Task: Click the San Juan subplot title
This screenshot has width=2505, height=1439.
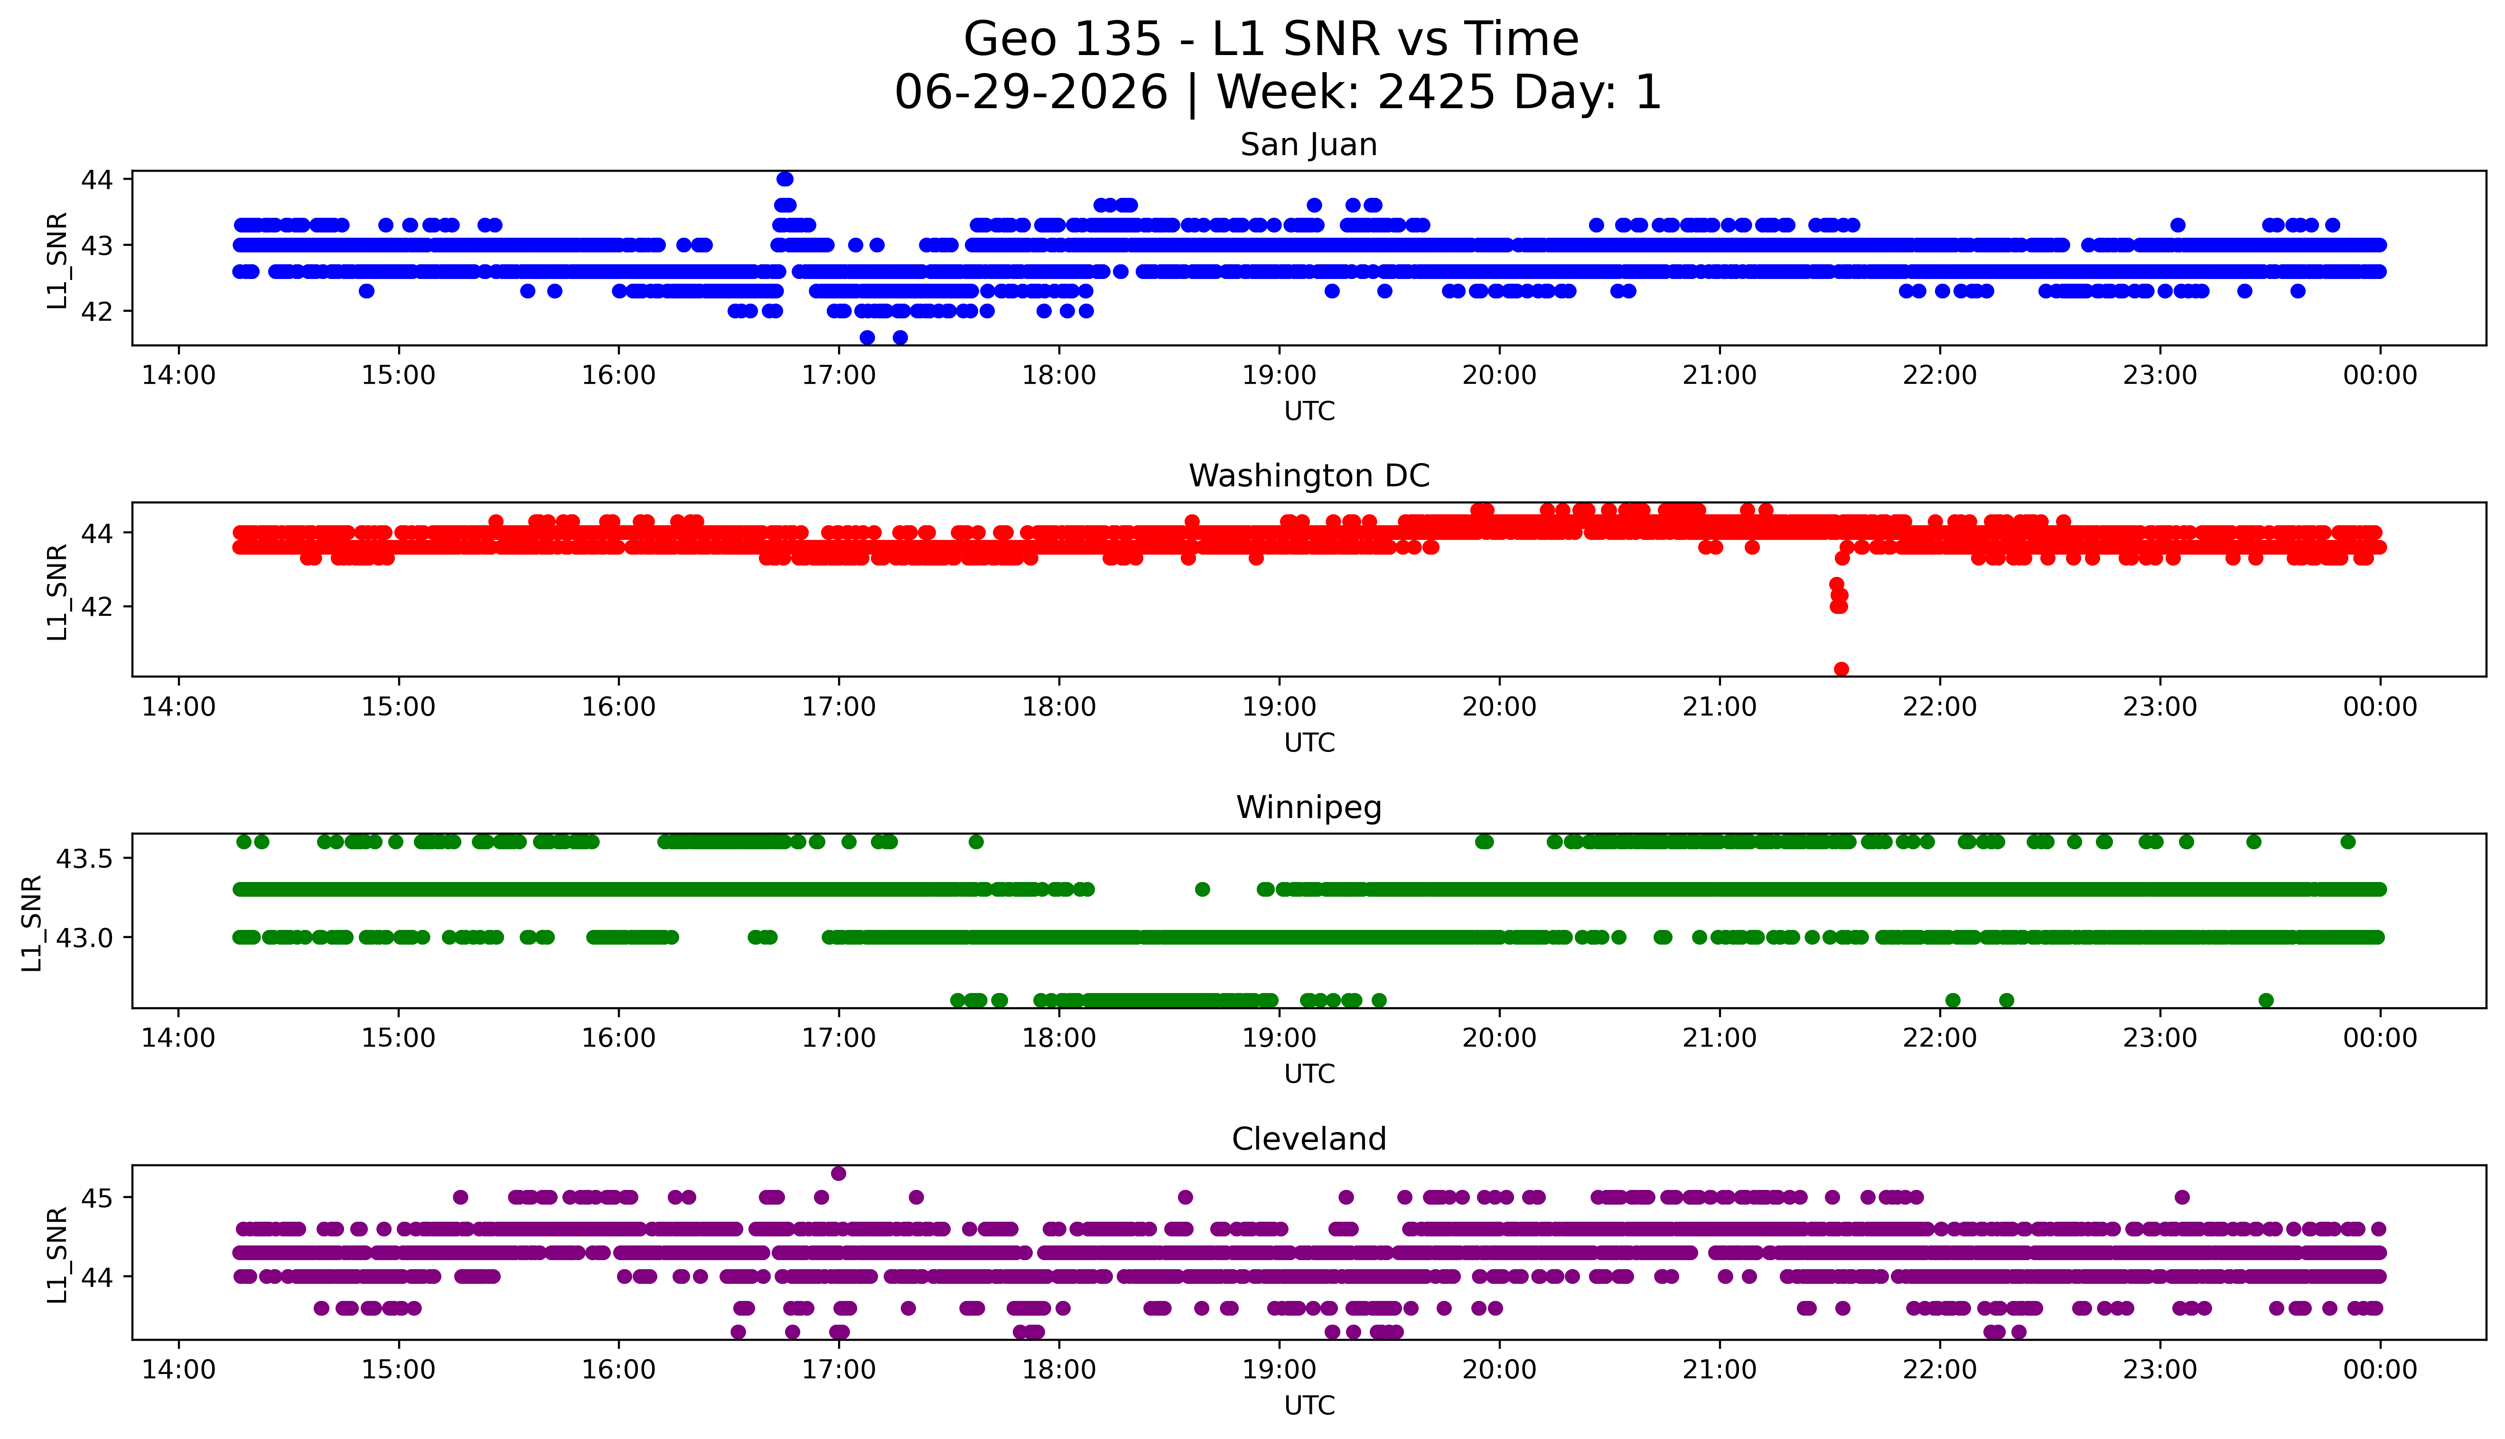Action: pyautogui.click(x=1309, y=145)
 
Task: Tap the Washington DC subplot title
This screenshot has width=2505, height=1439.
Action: pyautogui.click(x=1309, y=476)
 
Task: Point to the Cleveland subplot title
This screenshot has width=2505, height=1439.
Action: pyautogui.click(x=1309, y=1140)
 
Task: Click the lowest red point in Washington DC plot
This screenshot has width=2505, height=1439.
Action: pyautogui.click(x=1841, y=669)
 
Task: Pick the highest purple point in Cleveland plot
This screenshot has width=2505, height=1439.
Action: pyautogui.click(x=838, y=1173)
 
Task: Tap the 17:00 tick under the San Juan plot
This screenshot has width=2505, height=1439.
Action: pyautogui.click(x=838, y=376)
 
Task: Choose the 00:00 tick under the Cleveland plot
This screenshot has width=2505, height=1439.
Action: pyautogui.click(x=2379, y=1370)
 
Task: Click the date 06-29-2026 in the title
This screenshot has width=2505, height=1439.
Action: pyautogui.click(x=1031, y=92)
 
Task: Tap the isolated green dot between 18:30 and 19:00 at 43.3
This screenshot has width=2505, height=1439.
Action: pyautogui.click(x=1202, y=890)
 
